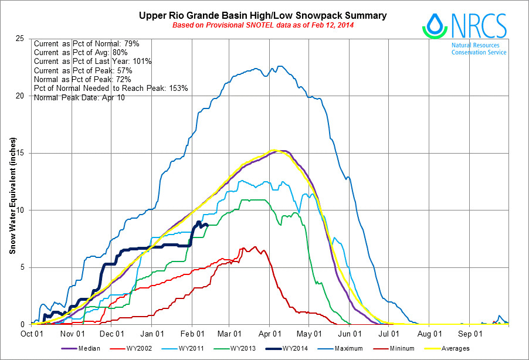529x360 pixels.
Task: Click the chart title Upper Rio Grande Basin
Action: [262, 15]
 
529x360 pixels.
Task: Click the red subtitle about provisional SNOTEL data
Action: [262, 25]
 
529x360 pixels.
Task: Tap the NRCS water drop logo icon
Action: [435, 26]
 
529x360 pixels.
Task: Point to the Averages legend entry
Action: [455, 349]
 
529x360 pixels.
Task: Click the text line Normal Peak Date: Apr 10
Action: [79, 97]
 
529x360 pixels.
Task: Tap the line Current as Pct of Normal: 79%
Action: [86, 44]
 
